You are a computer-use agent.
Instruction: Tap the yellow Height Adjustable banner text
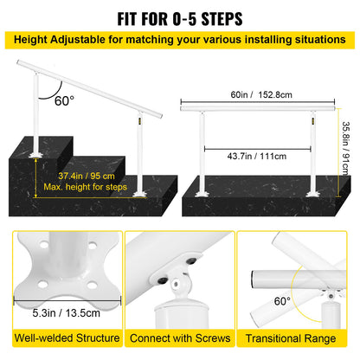pyautogui.click(x=180, y=39)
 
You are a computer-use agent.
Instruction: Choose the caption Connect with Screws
pyautogui.click(x=179, y=338)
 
